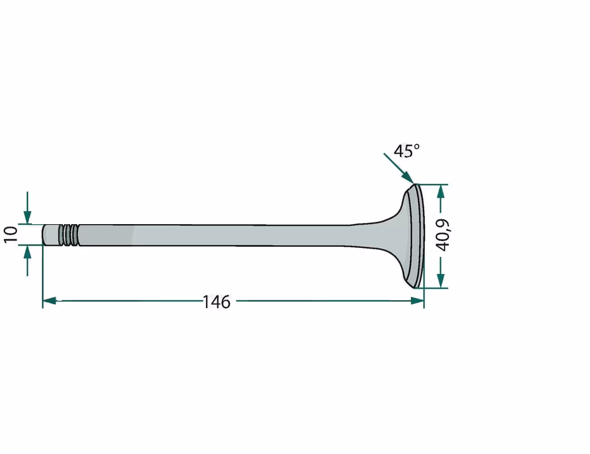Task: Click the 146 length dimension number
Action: (x=216, y=302)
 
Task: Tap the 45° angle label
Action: (x=406, y=150)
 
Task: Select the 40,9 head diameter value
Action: (x=443, y=235)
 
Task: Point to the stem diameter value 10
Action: (x=11, y=235)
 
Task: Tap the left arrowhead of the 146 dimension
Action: (x=49, y=301)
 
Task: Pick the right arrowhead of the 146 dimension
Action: (x=418, y=300)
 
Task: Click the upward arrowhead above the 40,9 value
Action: (x=441, y=192)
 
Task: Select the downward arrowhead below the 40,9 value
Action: (x=441, y=281)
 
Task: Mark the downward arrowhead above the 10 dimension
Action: (x=27, y=217)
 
